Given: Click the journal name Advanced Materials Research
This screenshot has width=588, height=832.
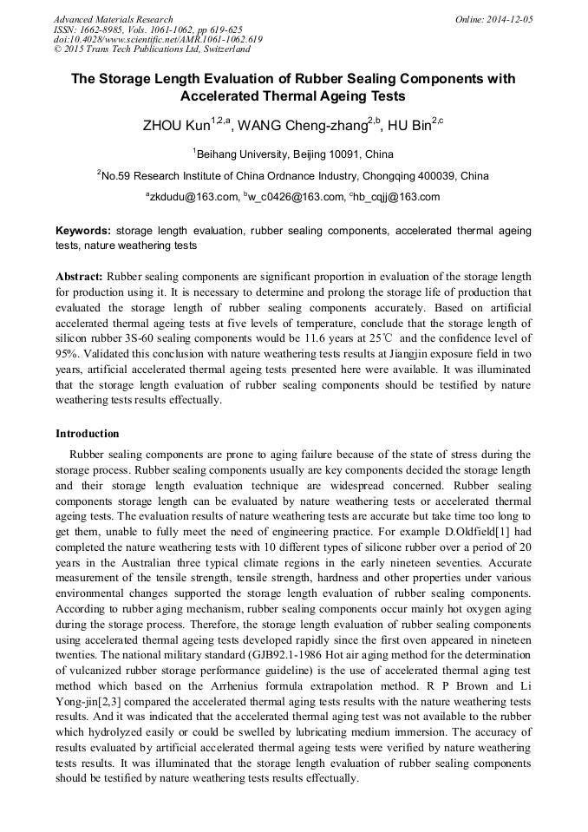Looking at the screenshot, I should (x=113, y=19).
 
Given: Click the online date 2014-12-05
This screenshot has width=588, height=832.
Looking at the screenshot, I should (x=506, y=19).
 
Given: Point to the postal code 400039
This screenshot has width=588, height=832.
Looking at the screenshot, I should (x=435, y=176).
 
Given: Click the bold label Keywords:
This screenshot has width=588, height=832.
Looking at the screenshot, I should (x=83, y=232).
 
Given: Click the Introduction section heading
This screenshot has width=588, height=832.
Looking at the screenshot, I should (x=88, y=434).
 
